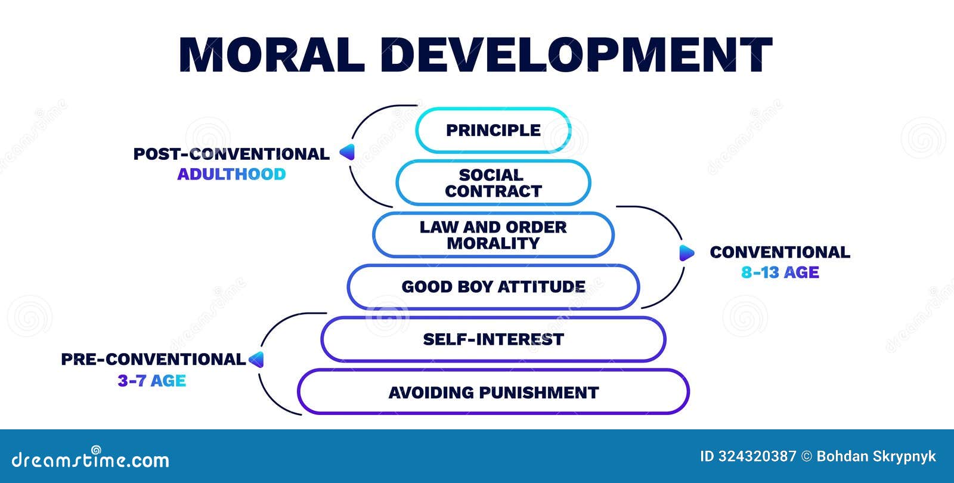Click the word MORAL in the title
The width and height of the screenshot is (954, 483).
tap(271, 55)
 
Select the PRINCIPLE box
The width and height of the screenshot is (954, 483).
tap(493, 130)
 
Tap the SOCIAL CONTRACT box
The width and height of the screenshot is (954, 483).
tap(493, 183)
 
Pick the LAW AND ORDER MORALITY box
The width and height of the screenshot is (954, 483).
tap(493, 235)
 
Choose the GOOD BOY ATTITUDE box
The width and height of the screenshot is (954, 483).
tap(493, 287)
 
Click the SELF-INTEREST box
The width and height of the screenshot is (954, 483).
tap(493, 339)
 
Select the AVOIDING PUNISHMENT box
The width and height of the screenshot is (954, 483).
tap(493, 392)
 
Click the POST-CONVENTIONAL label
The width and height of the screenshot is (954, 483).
tap(231, 154)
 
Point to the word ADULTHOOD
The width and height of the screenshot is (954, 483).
tap(231, 174)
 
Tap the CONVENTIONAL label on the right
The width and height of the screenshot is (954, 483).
tap(780, 252)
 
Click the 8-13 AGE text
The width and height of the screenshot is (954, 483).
tap(780, 273)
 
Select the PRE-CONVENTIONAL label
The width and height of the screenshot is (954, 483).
tap(153, 360)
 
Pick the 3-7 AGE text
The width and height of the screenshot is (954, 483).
tap(151, 380)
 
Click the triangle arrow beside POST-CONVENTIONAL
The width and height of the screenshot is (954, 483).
tap(348, 153)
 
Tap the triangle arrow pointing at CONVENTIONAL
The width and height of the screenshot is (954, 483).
tap(686, 253)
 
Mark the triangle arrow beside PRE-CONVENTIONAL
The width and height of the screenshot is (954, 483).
tap(256, 360)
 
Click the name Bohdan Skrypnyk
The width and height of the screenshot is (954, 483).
tap(876, 457)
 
